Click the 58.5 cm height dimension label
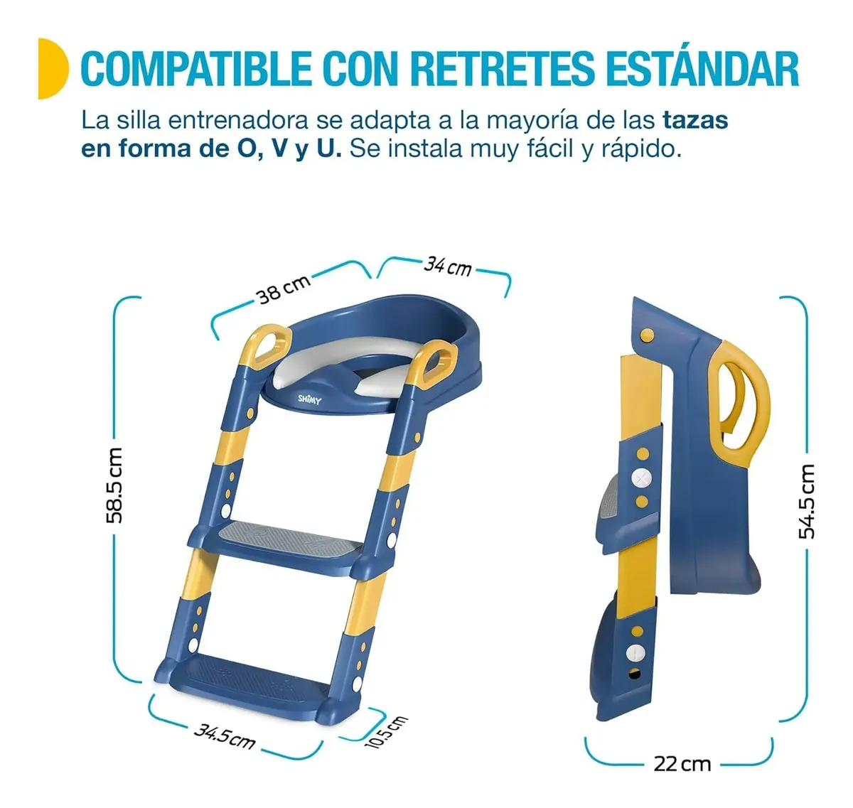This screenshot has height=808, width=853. click(x=114, y=485)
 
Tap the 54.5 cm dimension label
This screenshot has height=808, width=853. click(x=807, y=502)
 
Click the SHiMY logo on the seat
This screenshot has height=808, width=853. click(x=309, y=399)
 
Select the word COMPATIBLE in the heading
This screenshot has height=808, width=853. click(x=195, y=70)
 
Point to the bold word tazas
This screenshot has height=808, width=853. click(x=695, y=120)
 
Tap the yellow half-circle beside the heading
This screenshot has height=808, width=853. click(x=53, y=68)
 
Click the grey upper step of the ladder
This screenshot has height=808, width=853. click(x=287, y=539)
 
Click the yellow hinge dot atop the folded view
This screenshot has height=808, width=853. click(x=647, y=334)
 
